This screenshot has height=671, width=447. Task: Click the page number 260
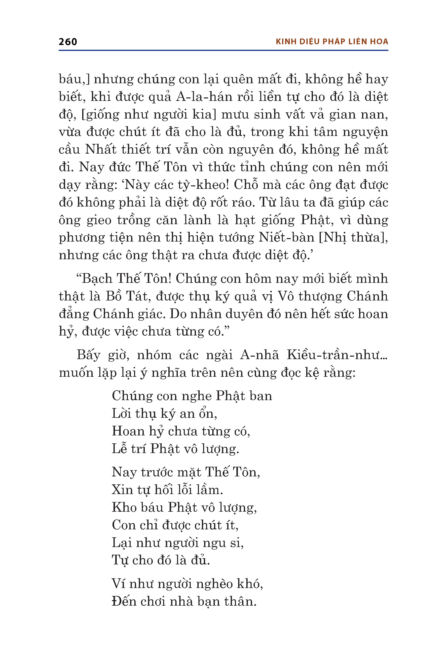(x=68, y=42)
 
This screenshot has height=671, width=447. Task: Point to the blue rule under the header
(x=223, y=50)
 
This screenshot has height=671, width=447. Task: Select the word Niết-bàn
(x=286, y=237)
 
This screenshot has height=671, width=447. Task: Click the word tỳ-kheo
(x=206, y=185)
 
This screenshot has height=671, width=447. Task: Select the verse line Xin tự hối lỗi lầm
(x=167, y=490)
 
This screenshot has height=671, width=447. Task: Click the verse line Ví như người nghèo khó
(x=187, y=584)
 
